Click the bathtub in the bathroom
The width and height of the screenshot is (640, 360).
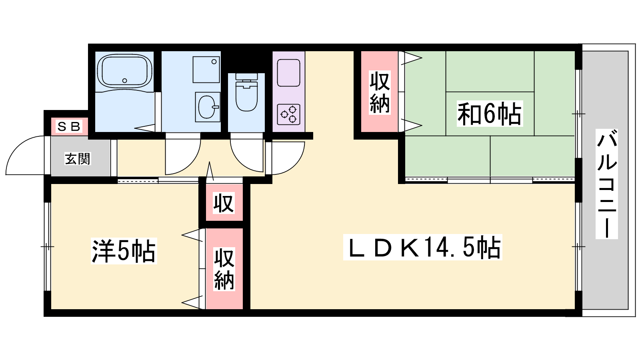coord(124,72)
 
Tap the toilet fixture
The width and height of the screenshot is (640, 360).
coord(246,92)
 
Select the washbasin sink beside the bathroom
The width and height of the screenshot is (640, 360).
coord(208,107)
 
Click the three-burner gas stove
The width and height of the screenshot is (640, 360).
coord(288,114)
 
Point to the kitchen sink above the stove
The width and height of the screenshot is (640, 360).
coord(288,72)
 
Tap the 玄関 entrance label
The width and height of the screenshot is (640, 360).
coord(78,159)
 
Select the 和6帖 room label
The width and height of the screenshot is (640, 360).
coord(490,114)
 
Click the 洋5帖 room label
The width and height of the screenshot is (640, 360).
coord(124,250)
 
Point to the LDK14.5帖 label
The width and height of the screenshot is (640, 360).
coord(422,247)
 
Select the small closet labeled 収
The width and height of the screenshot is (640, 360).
coord(224,203)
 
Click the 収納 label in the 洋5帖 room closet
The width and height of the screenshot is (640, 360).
coord(224,269)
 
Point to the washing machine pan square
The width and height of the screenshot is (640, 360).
coord(206,70)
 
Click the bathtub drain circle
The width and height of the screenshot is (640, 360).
coord(124,80)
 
